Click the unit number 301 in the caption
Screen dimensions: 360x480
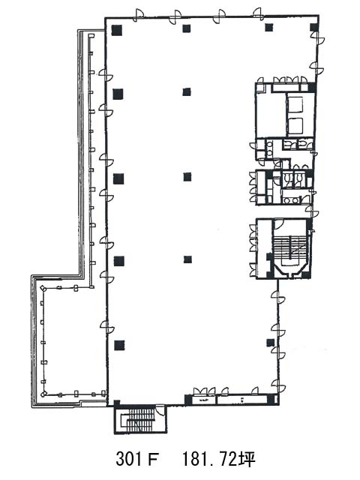[x=128, y=458]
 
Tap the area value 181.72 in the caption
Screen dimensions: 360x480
[x=209, y=458]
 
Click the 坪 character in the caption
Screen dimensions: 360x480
[x=247, y=458]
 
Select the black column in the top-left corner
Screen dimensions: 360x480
[x=117, y=30]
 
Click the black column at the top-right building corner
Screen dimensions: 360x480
[x=313, y=27]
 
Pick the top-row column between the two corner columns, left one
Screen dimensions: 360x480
[x=187, y=28]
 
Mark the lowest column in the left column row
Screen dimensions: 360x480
[x=119, y=345]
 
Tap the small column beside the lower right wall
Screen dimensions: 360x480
[x=270, y=343]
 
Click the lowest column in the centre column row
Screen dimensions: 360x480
[x=187, y=259]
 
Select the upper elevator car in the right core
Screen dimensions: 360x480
[x=295, y=104]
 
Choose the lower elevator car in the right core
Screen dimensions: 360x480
[x=295, y=125]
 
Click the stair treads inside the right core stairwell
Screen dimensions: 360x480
[x=289, y=247]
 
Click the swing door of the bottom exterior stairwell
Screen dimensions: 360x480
[x=160, y=409]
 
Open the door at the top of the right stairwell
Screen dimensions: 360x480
[x=278, y=223]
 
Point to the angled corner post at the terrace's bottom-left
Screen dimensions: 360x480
[x=44, y=393]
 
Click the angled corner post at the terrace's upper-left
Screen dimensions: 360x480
[x=43, y=288]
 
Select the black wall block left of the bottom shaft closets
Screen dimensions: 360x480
[x=188, y=400]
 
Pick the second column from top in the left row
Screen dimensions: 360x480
[x=118, y=94]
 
